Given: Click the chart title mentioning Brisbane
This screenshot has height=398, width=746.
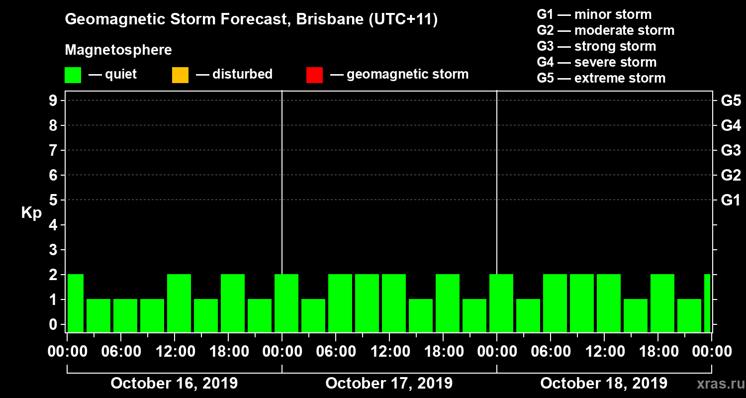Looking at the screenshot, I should [251, 20].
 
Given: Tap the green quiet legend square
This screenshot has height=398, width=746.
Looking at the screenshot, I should [73, 75].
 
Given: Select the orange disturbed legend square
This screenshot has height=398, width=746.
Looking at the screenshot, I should [180, 75].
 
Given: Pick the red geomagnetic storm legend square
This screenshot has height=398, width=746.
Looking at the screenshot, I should [314, 75].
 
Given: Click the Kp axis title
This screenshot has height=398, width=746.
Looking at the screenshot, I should [31, 213].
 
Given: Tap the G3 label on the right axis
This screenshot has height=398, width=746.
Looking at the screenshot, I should [731, 150].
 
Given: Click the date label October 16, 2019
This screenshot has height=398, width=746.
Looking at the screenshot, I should [174, 384].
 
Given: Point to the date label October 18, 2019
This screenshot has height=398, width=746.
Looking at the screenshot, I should [604, 384].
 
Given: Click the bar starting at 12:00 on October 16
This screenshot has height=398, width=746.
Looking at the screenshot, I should [179, 303].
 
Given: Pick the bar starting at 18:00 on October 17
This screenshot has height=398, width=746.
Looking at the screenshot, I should [448, 303].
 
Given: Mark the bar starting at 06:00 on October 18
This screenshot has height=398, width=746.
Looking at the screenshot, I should [555, 303].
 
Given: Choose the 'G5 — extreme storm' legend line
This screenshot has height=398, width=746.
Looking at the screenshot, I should [601, 78].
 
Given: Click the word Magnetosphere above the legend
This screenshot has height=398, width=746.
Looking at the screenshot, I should [118, 50].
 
